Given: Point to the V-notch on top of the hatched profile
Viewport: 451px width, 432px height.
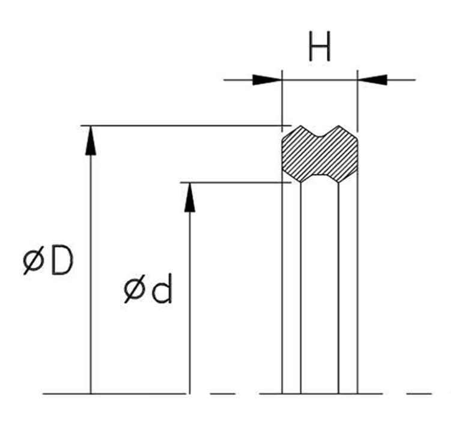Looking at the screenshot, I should click(x=319, y=133).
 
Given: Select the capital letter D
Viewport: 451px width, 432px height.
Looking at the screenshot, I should click(x=62, y=261).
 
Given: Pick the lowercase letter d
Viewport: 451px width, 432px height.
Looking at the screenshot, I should click(x=162, y=289).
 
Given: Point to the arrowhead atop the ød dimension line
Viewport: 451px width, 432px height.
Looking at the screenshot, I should click(x=190, y=197).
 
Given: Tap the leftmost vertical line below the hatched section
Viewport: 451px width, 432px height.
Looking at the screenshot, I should click(x=282, y=288).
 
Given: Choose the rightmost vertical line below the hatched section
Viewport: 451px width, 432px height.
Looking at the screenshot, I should click(x=357, y=288).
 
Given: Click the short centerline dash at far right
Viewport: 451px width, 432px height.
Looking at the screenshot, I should click(x=419, y=394).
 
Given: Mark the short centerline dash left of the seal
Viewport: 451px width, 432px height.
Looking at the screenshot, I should click(x=222, y=394).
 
